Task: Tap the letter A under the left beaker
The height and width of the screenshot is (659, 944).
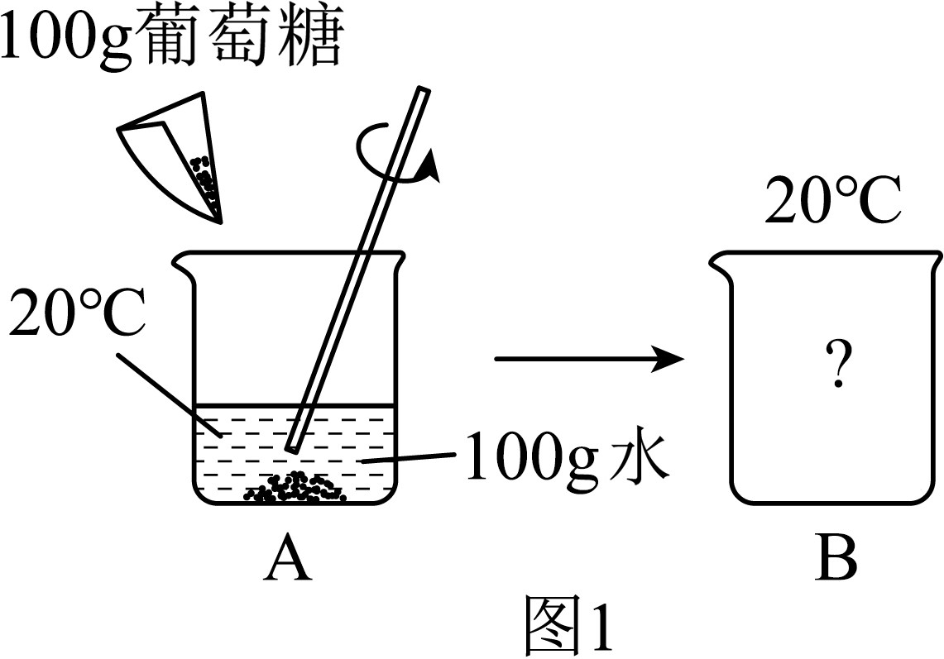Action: pyautogui.click(x=288, y=560)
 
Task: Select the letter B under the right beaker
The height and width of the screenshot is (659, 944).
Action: pyautogui.click(x=836, y=558)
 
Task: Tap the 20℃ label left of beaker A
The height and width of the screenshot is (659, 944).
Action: pyautogui.click(x=77, y=313)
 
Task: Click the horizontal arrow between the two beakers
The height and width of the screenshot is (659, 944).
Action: pyautogui.click(x=590, y=360)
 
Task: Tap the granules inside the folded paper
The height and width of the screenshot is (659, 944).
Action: pyautogui.click(x=204, y=177)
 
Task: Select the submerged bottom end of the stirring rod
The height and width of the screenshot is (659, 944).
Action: pyautogui.click(x=292, y=448)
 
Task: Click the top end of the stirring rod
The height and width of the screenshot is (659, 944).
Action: pyautogui.click(x=424, y=89)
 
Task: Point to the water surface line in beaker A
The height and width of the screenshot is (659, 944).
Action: pyautogui.click(x=295, y=405)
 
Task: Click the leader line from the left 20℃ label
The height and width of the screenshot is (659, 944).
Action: pyautogui.click(x=169, y=394)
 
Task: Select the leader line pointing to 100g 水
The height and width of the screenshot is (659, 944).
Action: pyautogui.click(x=407, y=459)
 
